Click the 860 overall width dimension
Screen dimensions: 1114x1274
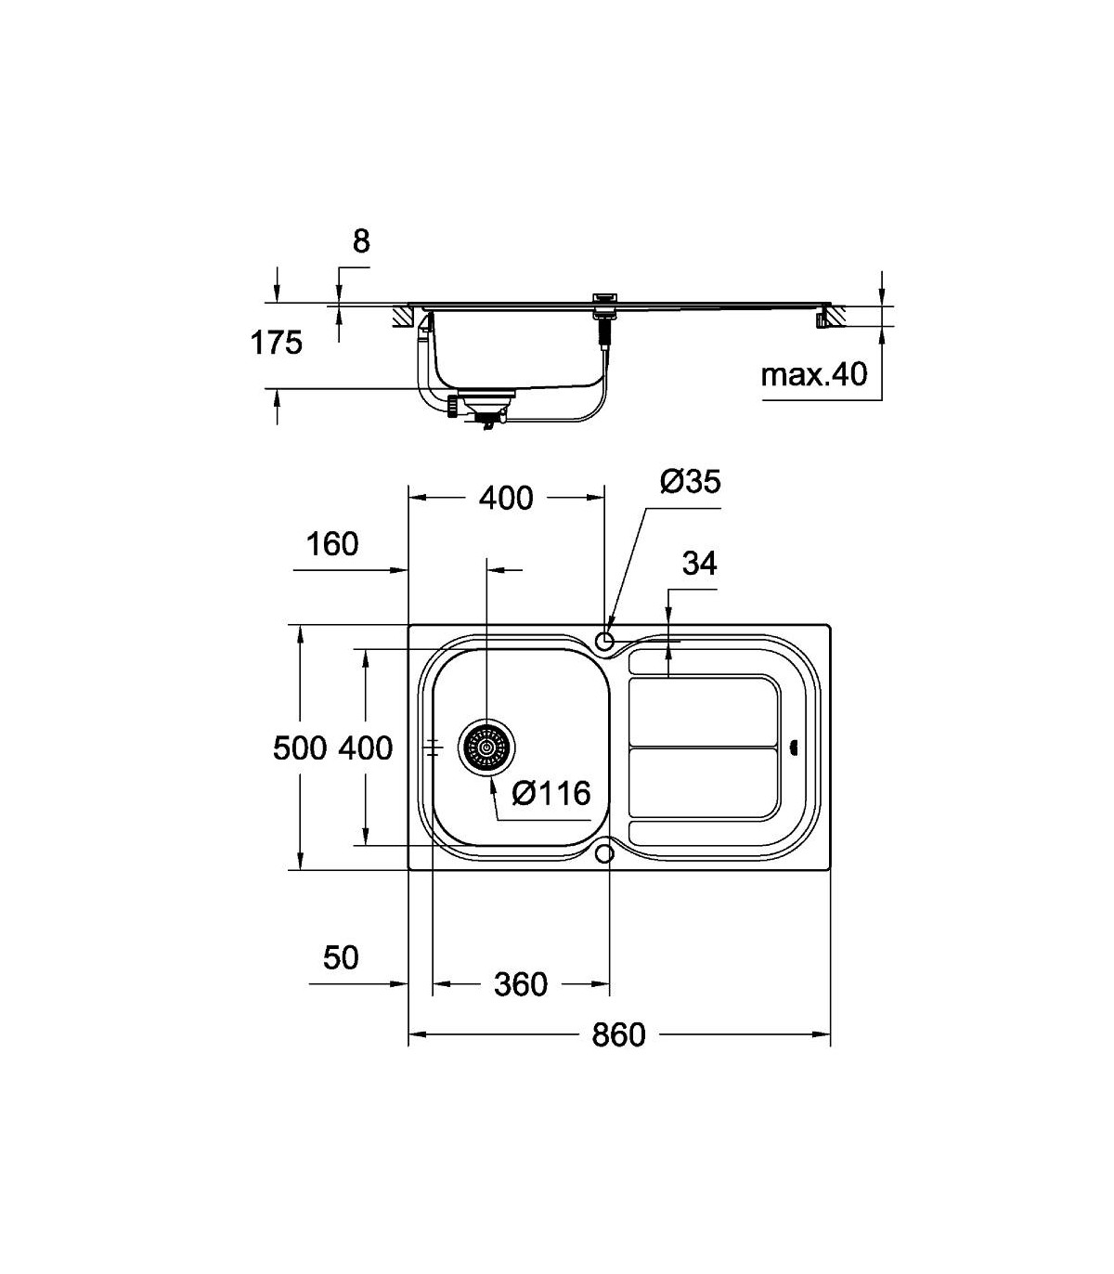tap(618, 1034)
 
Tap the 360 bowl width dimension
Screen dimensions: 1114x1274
tap(520, 984)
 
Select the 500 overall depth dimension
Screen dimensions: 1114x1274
tap(299, 747)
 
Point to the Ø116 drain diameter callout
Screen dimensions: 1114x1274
tap(551, 793)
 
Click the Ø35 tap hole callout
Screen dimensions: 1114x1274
tap(690, 481)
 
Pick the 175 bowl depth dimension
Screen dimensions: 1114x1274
tap(276, 343)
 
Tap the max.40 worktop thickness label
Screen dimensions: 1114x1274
tap(814, 375)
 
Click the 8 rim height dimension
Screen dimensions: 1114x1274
tap(361, 241)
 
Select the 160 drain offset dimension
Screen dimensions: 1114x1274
tap(331, 544)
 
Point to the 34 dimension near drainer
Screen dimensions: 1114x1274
tap(700, 563)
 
